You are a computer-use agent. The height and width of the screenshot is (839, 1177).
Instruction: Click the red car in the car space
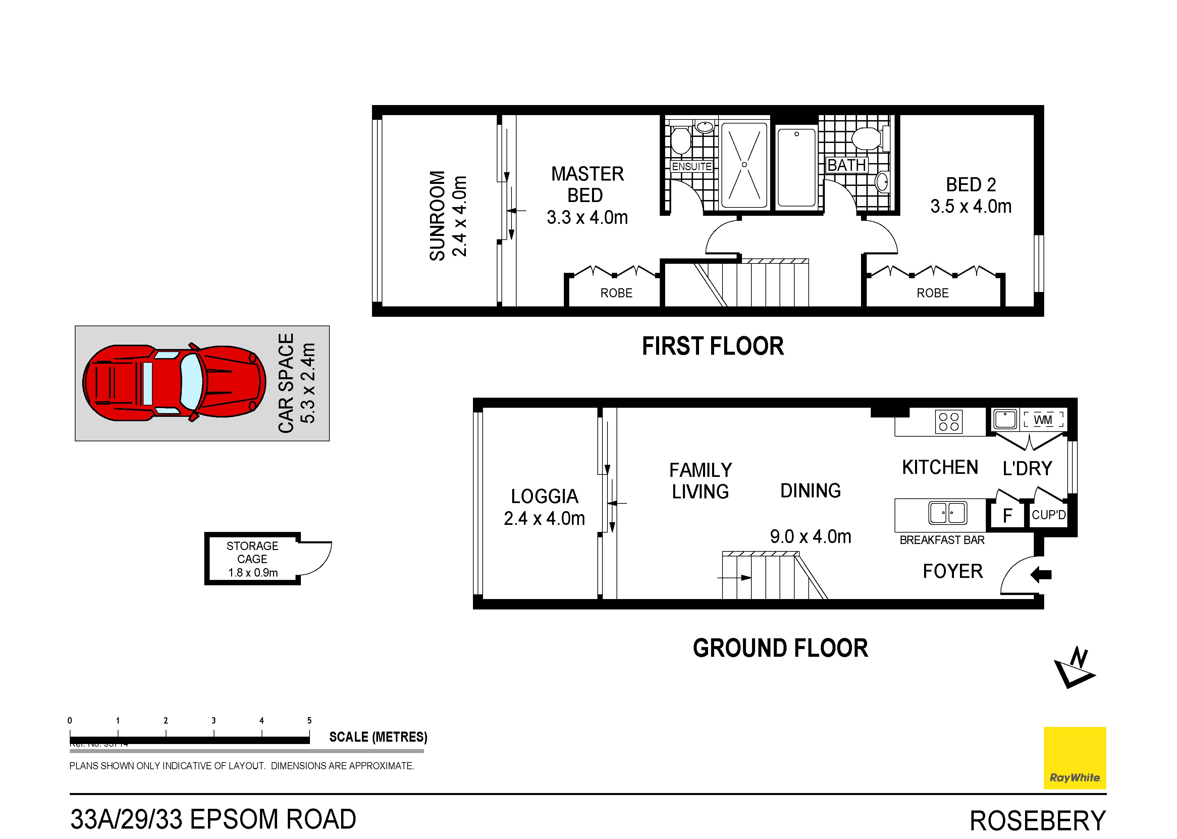click(174, 383)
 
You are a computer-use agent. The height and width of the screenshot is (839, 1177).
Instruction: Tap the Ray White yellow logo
click(1074, 757)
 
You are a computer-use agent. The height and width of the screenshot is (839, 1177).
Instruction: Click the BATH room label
click(847, 165)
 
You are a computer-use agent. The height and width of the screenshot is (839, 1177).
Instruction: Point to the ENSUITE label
click(692, 166)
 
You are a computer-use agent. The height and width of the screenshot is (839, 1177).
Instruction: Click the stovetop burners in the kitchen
click(948, 421)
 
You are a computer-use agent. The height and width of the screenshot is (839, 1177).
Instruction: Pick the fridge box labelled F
click(1007, 515)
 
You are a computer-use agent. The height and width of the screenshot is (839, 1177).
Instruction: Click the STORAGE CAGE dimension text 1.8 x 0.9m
click(253, 573)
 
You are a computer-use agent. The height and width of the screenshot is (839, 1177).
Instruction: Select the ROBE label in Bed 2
click(932, 293)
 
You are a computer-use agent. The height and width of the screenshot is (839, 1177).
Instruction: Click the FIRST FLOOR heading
click(712, 346)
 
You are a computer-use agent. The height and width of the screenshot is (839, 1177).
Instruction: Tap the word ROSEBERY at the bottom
click(1037, 821)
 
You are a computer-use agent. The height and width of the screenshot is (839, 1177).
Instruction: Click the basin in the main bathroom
click(882, 181)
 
